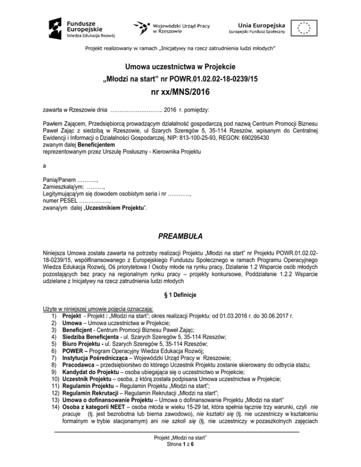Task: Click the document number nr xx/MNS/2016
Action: pyautogui.click(x=180, y=93)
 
